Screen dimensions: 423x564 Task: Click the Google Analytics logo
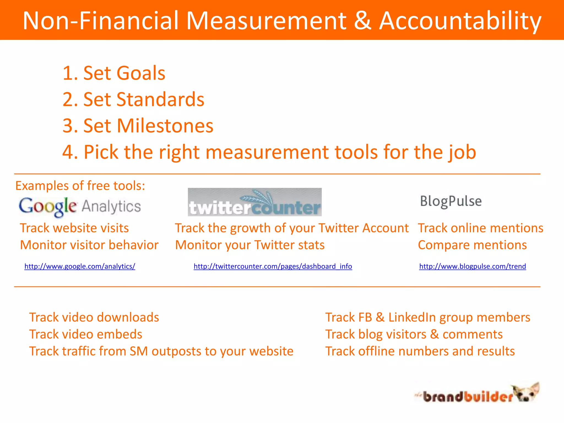coord(80,207)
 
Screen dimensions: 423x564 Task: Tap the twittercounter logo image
coord(254,202)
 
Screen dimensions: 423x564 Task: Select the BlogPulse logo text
coord(451,201)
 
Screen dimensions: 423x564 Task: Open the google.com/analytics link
coord(80,266)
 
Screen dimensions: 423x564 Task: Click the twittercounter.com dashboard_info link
coord(273,266)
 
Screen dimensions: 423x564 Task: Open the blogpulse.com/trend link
coord(472,266)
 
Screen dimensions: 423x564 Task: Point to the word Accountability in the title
coord(460,21)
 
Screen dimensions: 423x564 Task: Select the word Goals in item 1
coord(140,73)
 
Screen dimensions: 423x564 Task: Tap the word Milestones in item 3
coord(165,126)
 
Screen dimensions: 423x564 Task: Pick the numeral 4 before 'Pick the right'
coord(68,152)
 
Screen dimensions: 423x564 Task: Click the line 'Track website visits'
coord(74,228)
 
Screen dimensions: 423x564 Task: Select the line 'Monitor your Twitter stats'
coord(250,245)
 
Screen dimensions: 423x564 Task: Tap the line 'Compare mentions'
coord(472,245)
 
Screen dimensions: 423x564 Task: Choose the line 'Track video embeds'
coord(86,334)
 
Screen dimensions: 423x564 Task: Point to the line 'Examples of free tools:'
coord(80,186)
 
